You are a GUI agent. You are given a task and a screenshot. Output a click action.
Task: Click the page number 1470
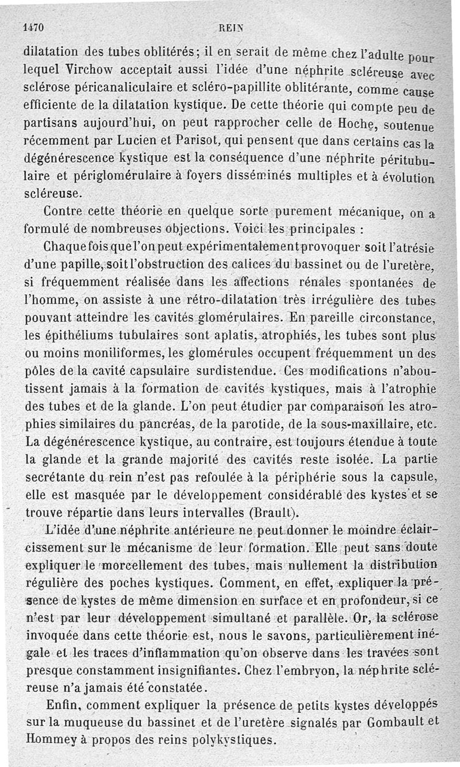tap(33, 28)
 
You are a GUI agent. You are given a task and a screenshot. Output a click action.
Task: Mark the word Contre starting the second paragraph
tap(67, 212)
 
